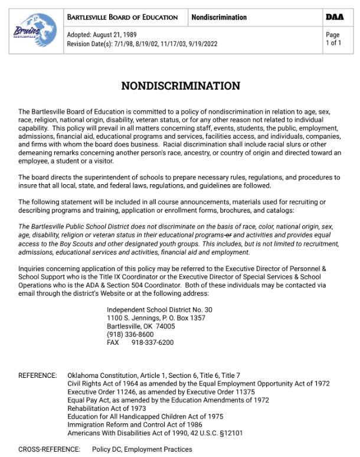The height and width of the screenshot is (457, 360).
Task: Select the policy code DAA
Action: point(335,17)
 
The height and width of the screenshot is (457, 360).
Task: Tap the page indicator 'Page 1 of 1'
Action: point(333,39)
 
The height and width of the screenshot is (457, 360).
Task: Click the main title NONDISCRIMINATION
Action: point(181,86)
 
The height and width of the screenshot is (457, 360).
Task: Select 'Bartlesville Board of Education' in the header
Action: point(123,17)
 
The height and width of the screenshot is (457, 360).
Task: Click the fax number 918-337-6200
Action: point(152,342)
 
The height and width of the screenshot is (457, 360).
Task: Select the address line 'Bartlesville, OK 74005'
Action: point(140,326)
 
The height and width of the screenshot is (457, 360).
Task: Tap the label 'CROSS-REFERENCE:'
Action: point(50,449)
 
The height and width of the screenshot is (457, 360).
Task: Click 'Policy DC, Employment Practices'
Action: point(142,449)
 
